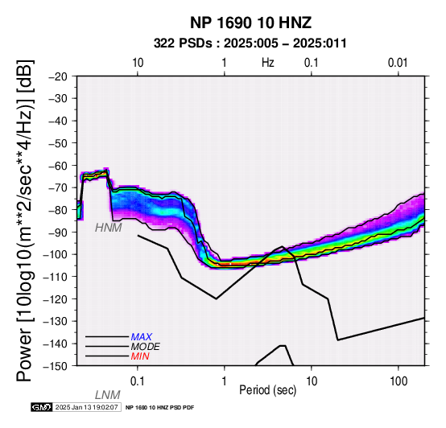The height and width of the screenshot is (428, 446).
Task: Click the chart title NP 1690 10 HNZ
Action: (x=250, y=23)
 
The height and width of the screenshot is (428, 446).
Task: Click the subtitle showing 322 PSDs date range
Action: (x=250, y=43)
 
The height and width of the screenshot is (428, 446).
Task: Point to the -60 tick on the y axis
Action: (x=58, y=166)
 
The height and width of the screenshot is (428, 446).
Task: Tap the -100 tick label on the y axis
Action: (x=56, y=254)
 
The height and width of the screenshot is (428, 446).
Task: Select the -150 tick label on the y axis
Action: (x=56, y=366)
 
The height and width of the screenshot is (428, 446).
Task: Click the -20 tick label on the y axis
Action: (x=58, y=76)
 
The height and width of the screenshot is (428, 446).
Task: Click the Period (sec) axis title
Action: (x=267, y=390)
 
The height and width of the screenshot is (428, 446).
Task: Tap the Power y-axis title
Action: (x=25, y=220)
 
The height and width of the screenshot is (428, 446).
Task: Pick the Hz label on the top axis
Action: (x=268, y=63)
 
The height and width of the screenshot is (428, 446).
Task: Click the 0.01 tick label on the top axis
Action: (x=398, y=63)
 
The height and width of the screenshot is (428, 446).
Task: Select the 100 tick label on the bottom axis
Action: (x=399, y=381)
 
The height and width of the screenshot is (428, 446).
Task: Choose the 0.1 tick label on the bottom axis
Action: (x=138, y=381)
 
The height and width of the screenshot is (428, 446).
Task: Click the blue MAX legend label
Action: (x=142, y=337)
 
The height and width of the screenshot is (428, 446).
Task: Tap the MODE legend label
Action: (x=146, y=347)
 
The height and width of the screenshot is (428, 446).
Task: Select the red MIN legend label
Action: (x=140, y=356)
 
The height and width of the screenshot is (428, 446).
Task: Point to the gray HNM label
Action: (x=109, y=228)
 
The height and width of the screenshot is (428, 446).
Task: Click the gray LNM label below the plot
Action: (x=108, y=395)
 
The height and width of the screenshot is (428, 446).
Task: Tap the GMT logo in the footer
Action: (x=42, y=407)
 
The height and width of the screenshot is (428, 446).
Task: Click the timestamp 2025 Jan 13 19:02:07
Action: (x=86, y=407)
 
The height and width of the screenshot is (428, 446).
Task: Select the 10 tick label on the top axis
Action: (x=138, y=63)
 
